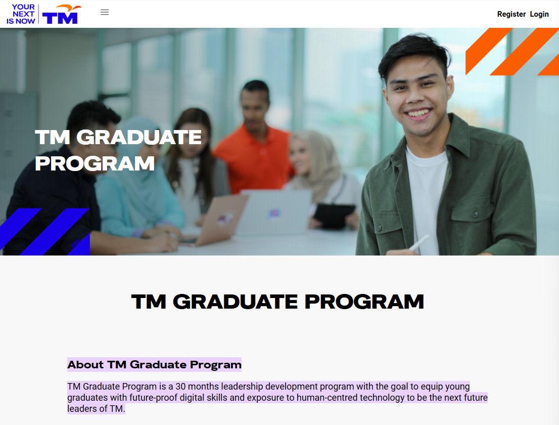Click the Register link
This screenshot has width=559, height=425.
click(511, 14)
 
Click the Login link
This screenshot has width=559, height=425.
click(539, 14)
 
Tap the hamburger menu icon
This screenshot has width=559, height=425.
click(105, 12)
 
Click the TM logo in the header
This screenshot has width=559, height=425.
click(61, 15)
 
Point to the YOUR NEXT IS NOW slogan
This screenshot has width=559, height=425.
click(21, 14)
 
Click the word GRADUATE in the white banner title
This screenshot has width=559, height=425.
click(139, 138)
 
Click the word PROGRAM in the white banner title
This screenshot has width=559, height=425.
click(95, 163)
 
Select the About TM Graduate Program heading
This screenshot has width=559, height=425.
click(154, 364)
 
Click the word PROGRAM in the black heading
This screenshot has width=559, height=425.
click(364, 302)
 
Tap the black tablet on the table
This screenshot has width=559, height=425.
click(333, 215)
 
